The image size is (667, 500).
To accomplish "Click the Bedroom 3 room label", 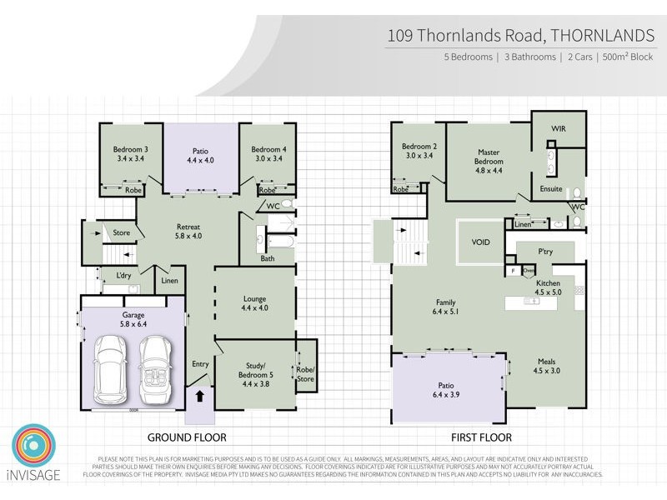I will [130, 154].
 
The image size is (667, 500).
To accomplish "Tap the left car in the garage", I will [111, 368].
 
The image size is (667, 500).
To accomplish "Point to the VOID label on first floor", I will [481, 242].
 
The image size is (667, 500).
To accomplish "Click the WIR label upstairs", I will [559, 129].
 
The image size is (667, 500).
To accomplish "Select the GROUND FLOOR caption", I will [187, 437].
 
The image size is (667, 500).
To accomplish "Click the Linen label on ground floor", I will [171, 281].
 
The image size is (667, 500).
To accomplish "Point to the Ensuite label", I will [551, 189].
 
